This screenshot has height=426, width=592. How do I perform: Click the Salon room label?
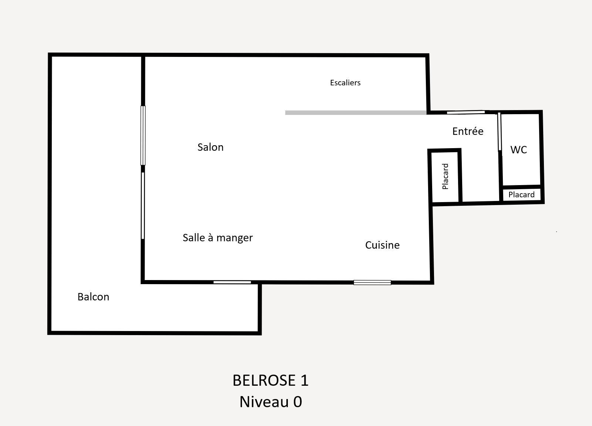click(x=211, y=147)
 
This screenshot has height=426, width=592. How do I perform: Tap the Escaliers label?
click(x=345, y=83)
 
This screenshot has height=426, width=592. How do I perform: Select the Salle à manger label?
click(x=218, y=238)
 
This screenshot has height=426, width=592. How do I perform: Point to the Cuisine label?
click(x=382, y=245)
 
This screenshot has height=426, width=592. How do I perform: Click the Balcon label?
click(x=93, y=297)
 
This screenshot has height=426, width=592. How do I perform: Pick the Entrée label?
click(x=468, y=131)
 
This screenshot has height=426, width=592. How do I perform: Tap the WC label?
click(x=518, y=150)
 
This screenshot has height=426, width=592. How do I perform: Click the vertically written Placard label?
click(x=445, y=176)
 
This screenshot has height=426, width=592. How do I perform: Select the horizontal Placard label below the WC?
click(x=521, y=194)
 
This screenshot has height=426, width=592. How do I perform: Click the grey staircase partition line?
click(x=356, y=113)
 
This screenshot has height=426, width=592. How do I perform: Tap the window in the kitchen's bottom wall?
click(x=372, y=282)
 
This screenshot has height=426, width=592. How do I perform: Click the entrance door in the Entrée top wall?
click(x=466, y=112)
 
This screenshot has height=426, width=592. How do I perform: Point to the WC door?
click(x=499, y=132)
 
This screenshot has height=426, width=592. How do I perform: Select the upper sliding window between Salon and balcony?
click(x=143, y=135)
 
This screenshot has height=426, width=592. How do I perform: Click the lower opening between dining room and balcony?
click(x=143, y=205)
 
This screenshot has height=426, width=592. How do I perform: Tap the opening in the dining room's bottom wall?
click(x=232, y=282)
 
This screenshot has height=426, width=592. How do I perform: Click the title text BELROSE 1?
click(x=270, y=380)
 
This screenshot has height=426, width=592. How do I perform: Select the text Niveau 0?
click(x=270, y=402)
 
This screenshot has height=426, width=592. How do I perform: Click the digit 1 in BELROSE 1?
click(x=305, y=380)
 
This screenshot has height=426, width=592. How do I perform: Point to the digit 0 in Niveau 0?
click(x=297, y=402)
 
